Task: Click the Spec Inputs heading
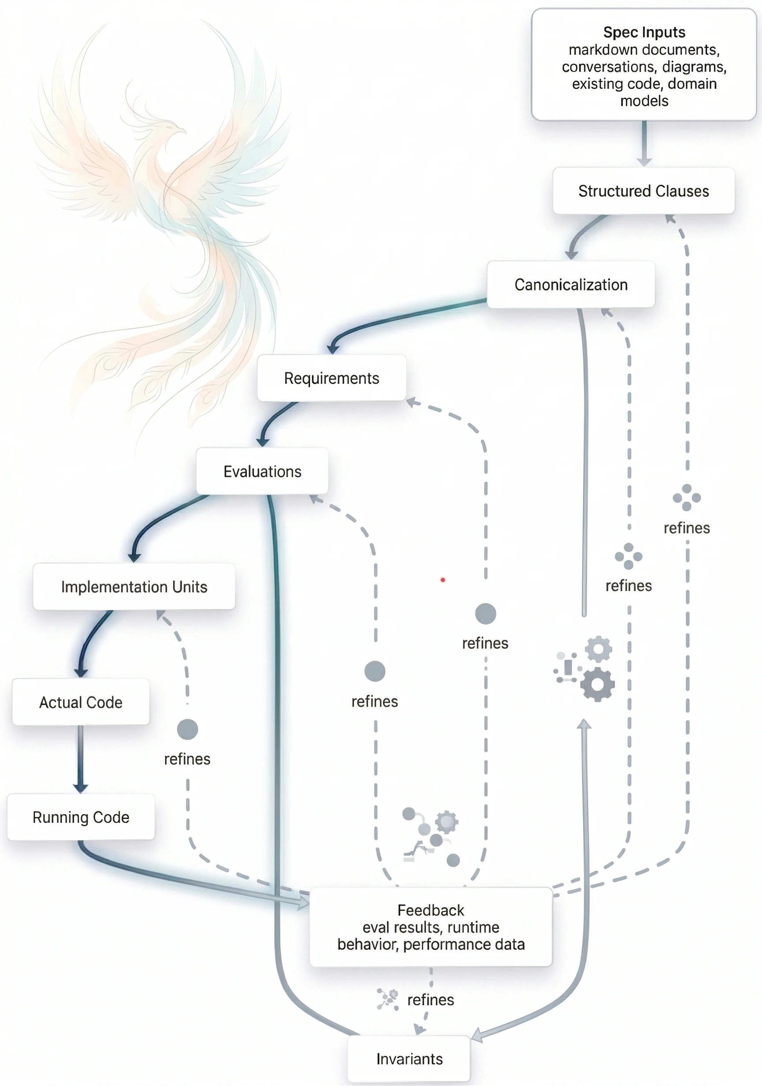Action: click(644, 32)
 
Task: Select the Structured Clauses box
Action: click(643, 191)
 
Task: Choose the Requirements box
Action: click(332, 378)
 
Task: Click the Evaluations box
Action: click(262, 471)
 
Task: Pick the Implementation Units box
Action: click(134, 587)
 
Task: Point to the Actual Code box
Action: click(80, 702)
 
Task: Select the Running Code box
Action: click(80, 817)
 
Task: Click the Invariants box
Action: click(409, 1059)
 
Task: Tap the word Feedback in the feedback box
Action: click(430, 910)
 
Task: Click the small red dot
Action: click(443, 580)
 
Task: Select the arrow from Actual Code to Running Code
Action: click(80, 759)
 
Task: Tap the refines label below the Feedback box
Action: click(430, 1000)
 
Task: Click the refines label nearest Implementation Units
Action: click(187, 759)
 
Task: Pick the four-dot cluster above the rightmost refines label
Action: click(687, 497)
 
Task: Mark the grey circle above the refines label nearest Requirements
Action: click(486, 614)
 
